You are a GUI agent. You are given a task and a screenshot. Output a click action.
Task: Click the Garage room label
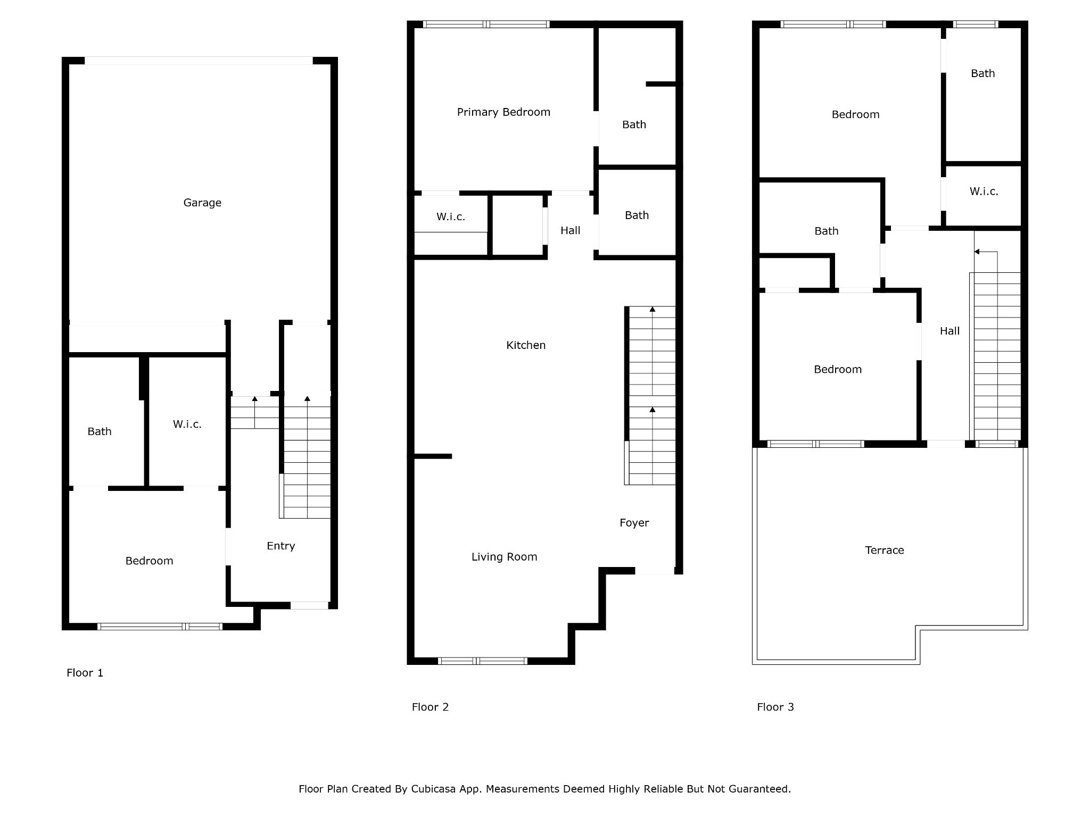click(x=202, y=203)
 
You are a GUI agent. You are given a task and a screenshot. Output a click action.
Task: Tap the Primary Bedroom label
click(x=503, y=112)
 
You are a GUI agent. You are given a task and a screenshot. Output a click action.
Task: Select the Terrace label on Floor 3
click(x=885, y=550)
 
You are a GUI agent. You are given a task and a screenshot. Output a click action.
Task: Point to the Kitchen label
click(x=526, y=345)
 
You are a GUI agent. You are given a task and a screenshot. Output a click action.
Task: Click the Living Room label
click(x=505, y=557)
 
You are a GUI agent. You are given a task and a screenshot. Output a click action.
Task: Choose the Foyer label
click(x=634, y=523)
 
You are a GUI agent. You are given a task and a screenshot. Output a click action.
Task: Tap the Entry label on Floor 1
click(x=281, y=546)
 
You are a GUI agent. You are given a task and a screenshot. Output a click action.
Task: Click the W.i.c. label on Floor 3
click(x=984, y=191)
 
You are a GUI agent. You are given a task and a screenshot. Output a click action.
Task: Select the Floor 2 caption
click(x=430, y=707)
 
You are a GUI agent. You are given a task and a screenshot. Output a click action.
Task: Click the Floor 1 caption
click(x=85, y=673)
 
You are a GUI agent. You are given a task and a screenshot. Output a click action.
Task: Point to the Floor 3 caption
click(x=775, y=707)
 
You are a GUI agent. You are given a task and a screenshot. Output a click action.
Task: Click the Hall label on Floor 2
click(x=571, y=230)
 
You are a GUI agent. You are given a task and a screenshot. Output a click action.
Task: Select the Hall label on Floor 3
click(x=950, y=331)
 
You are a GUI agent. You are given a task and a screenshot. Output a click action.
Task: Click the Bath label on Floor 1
click(x=100, y=431)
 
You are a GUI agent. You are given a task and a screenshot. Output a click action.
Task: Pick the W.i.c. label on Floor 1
click(x=187, y=424)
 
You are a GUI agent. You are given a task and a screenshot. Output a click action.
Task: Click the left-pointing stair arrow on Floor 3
click(x=986, y=252)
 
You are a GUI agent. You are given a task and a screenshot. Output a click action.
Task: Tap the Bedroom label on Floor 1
click(x=149, y=561)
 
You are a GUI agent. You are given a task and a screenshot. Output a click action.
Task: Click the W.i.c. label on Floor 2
click(x=451, y=216)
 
